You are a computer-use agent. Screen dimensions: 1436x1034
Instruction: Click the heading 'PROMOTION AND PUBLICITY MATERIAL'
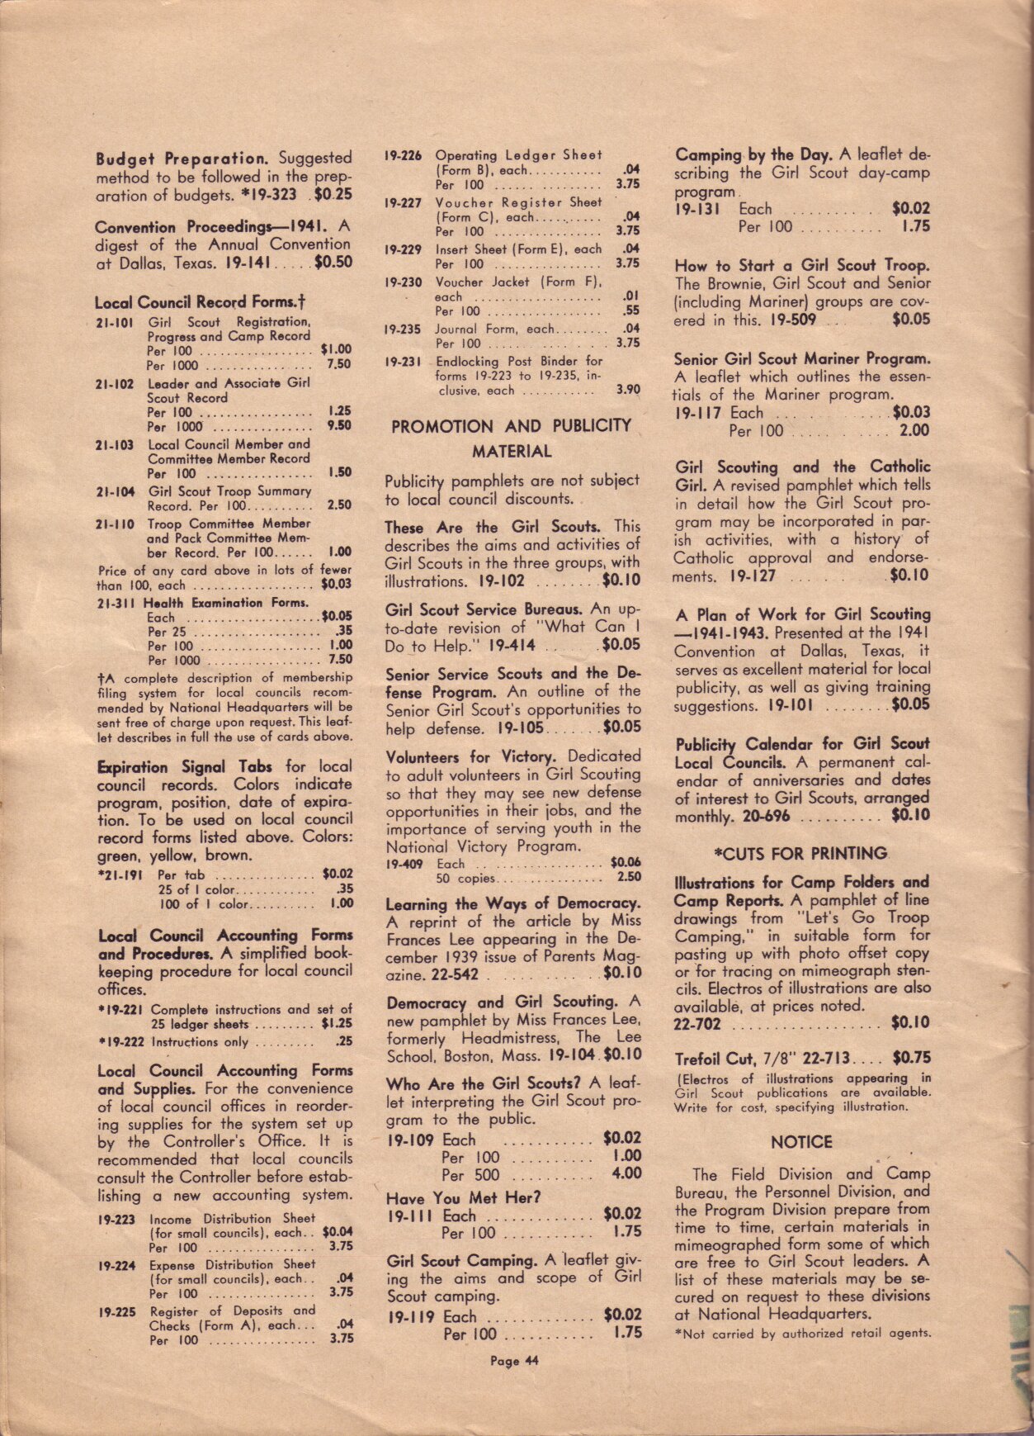coord(511,438)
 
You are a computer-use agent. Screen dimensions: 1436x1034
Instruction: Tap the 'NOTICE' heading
coord(801,1142)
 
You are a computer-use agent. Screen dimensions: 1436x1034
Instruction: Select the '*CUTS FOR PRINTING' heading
coord(801,853)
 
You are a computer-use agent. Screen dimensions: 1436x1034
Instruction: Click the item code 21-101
coord(114,322)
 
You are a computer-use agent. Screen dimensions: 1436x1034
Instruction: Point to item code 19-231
coord(403,361)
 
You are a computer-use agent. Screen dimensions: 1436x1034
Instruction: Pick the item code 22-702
coord(697,1024)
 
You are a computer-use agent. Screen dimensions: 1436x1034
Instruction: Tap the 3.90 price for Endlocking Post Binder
coord(627,390)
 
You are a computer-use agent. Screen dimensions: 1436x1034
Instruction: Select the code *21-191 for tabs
coord(120,874)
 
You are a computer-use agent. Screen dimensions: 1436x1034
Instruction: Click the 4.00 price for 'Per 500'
coord(626,1173)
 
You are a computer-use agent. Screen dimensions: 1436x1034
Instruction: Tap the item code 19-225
coord(116,1311)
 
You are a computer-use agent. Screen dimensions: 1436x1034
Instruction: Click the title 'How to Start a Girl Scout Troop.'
coord(801,266)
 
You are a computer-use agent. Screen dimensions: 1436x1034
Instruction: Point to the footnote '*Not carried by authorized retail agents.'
coord(802,1333)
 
